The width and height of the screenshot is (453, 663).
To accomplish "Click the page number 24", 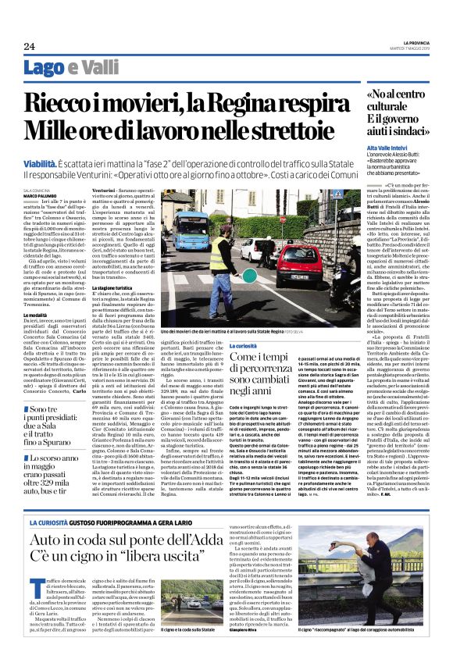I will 30,45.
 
